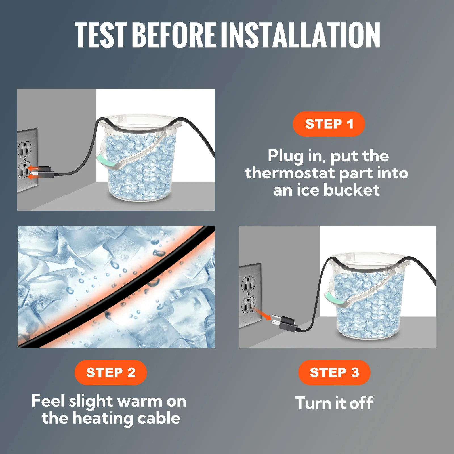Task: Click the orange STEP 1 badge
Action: [x=329, y=124]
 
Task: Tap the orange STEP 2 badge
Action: [x=111, y=372]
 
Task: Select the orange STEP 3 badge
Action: [x=334, y=372]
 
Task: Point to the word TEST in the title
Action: [x=101, y=35]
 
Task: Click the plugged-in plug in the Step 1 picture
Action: [x=43, y=172]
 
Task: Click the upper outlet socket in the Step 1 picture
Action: [x=24, y=149]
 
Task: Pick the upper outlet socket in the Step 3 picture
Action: [x=248, y=284]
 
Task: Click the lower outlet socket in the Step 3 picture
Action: [x=248, y=304]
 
